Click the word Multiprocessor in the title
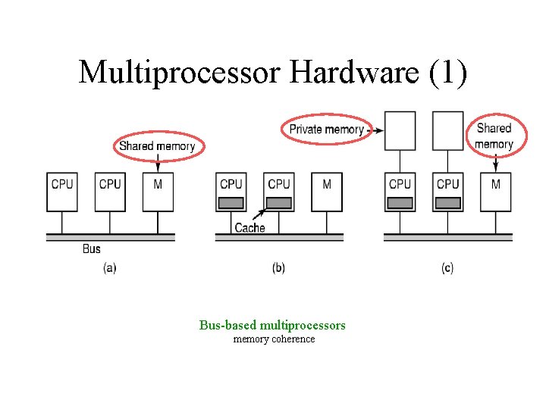click(180, 72)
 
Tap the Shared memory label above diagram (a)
click(157, 145)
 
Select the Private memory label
click(326, 130)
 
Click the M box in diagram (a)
click(158, 192)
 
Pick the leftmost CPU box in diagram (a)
click(62, 192)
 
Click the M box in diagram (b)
click(327, 192)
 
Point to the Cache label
click(249, 227)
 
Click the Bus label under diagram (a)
click(91, 248)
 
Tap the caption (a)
click(109, 268)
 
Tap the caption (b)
click(278, 268)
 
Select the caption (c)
click(447, 268)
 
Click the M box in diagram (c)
click(496, 192)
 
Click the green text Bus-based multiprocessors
click(272, 325)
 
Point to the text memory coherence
click(274, 339)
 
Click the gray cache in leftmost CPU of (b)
click(231, 203)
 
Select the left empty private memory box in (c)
click(400, 131)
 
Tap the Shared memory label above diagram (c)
click(494, 136)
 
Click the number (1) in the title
click(448, 72)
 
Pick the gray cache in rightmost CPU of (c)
click(448, 203)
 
